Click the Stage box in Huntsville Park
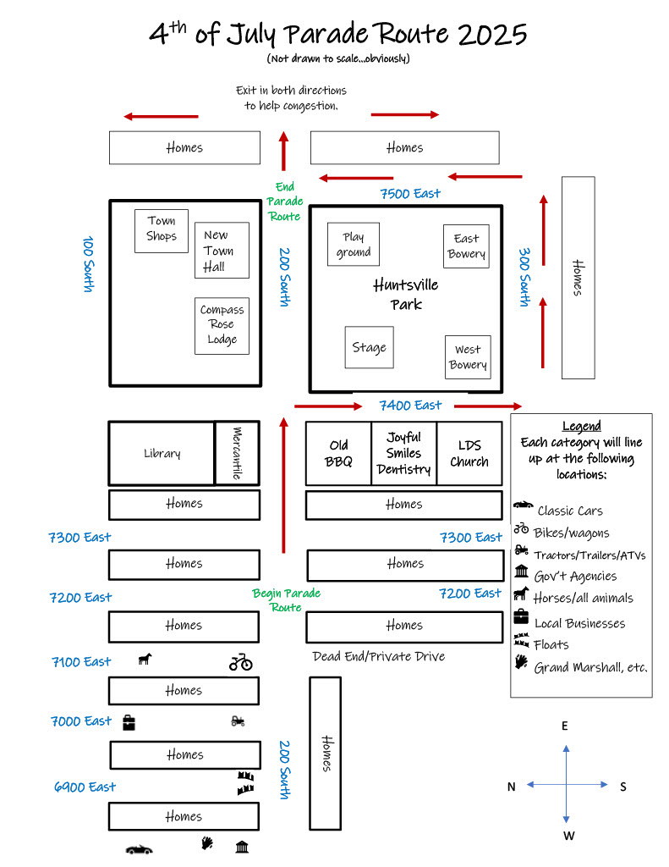[369, 347]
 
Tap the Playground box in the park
[354, 245]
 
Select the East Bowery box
[466, 246]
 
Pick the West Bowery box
[468, 356]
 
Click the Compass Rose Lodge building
[222, 325]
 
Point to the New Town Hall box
[222, 251]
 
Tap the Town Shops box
[162, 230]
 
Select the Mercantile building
[237, 453]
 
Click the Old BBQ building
[338, 453]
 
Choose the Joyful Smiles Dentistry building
[403, 453]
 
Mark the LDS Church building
[469, 453]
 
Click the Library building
[162, 453]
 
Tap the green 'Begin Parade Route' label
[286, 600]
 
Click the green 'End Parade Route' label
[284, 202]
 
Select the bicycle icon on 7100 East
[241, 662]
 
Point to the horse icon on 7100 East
[145, 658]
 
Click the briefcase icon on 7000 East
[129, 722]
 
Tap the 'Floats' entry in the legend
[551, 645]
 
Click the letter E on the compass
[565, 726]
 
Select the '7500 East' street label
[410, 194]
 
